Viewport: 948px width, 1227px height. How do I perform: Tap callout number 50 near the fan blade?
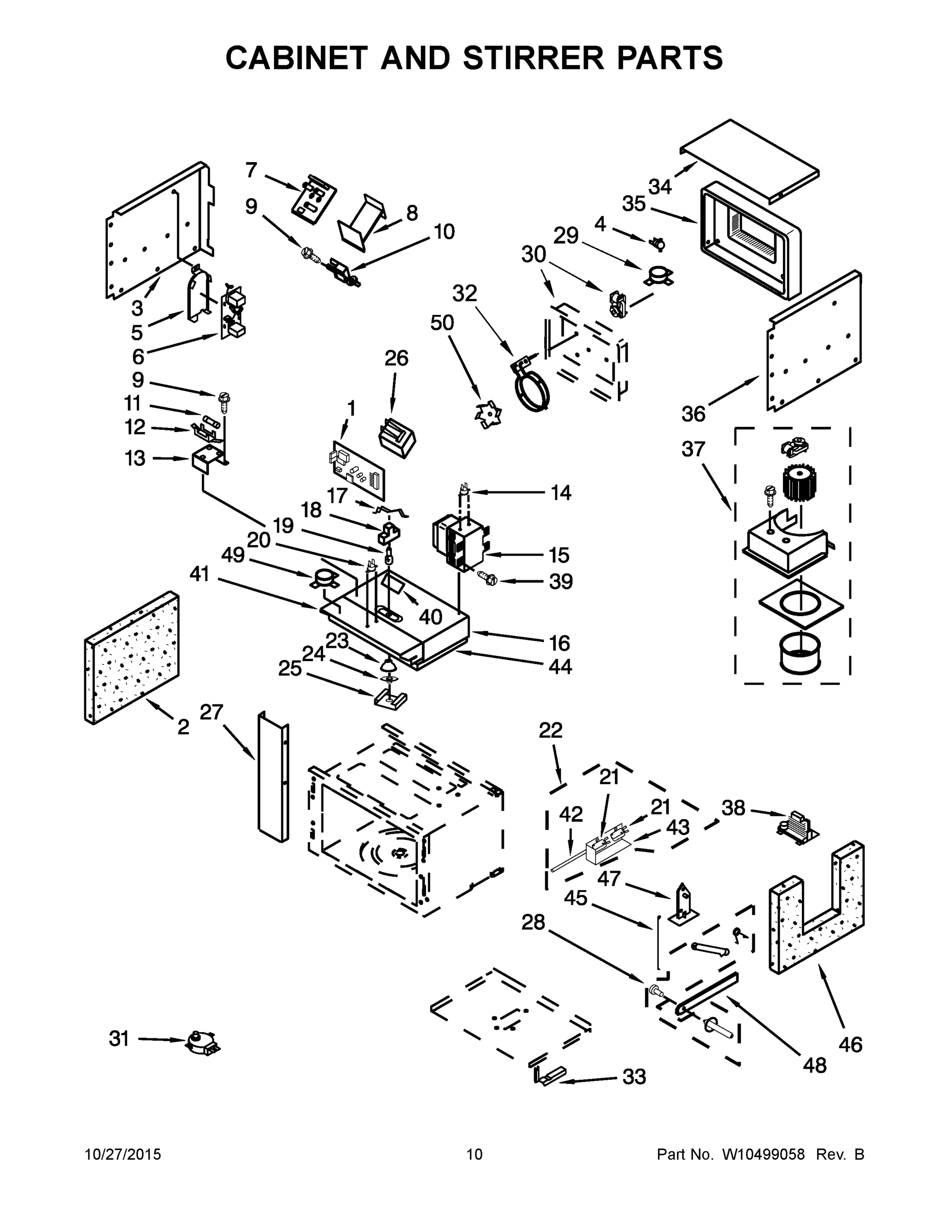[x=442, y=323]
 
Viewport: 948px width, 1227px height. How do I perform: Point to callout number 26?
[x=396, y=358]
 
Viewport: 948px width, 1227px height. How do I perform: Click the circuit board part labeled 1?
[x=358, y=469]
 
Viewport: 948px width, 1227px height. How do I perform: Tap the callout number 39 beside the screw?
[x=561, y=581]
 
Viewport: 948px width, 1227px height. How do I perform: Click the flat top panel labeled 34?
[x=749, y=160]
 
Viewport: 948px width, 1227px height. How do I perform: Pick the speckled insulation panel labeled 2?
[x=132, y=657]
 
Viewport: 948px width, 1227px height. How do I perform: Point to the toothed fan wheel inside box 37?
[x=799, y=483]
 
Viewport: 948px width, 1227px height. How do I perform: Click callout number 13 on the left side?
[x=135, y=458]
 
